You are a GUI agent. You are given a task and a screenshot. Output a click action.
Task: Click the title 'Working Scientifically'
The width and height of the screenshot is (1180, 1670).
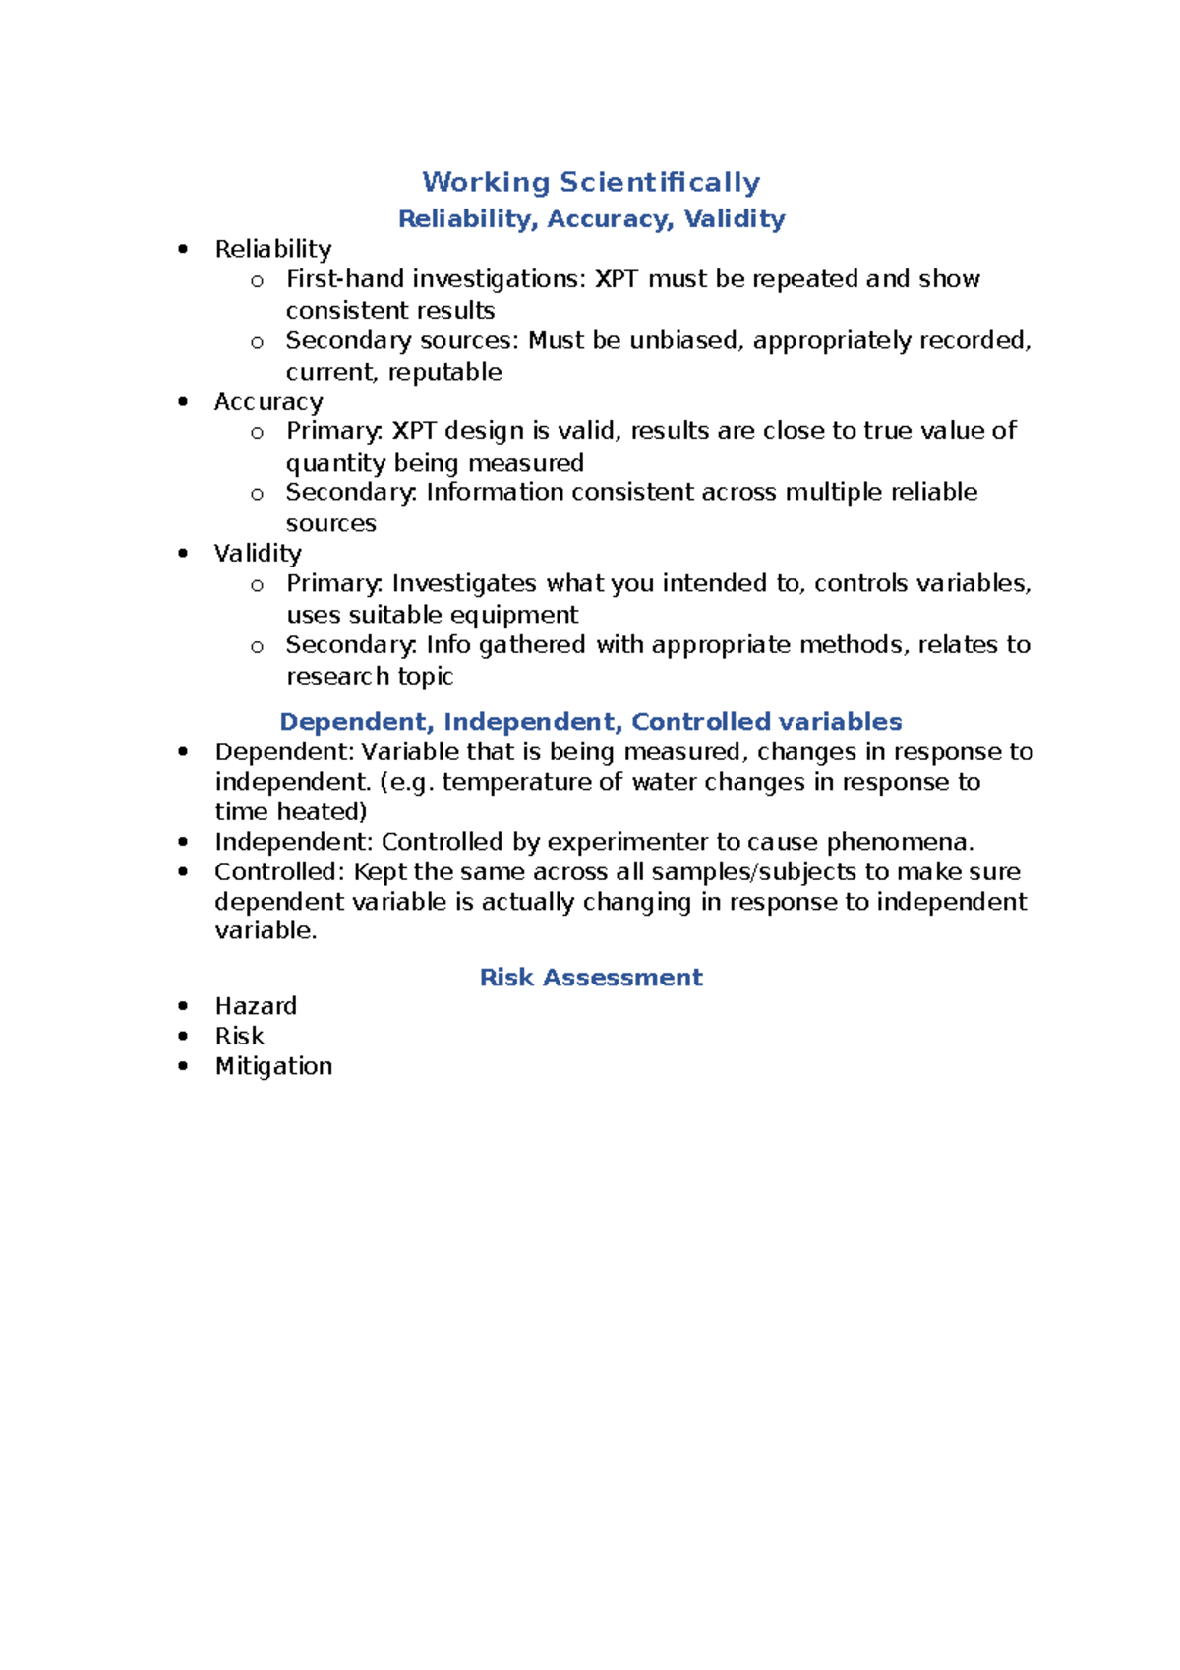pyautogui.click(x=591, y=182)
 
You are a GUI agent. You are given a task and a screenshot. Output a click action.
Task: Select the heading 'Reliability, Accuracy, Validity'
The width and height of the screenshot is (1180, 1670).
pyautogui.click(x=591, y=218)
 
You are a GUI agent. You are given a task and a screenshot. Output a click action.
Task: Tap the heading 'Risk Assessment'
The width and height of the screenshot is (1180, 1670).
pyautogui.click(x=591, y=977)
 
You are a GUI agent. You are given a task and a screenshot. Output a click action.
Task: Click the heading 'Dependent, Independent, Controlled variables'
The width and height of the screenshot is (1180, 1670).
pyautogui.click(x=591, y=721)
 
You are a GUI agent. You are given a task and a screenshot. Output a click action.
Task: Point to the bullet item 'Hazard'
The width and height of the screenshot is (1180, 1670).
pyautogui.click(x=256, y=1005)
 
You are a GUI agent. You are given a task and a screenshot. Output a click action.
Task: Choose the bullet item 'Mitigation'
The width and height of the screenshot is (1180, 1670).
pyautogui.click(x=273, y=1065)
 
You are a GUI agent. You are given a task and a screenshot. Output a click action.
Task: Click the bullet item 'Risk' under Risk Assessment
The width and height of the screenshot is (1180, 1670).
pyautogui.click(x=239, y=1036)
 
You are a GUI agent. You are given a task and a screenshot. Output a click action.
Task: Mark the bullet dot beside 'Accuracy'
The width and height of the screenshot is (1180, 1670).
pyautogui.click(x=183, y=401)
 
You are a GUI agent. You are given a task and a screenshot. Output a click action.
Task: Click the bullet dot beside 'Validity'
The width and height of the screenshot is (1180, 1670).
pyautogui.click(x=183, y=553)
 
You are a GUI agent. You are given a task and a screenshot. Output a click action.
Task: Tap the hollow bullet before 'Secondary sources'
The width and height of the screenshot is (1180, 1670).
pyautogui.click(x=257, y=342)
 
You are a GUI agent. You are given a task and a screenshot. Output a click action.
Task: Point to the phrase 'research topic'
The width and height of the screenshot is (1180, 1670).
pyautogui.click(x=370, y=676)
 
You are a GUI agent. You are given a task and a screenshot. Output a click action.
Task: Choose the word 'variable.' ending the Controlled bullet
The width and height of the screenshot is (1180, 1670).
pyautogui.click(x=265, y=930)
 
